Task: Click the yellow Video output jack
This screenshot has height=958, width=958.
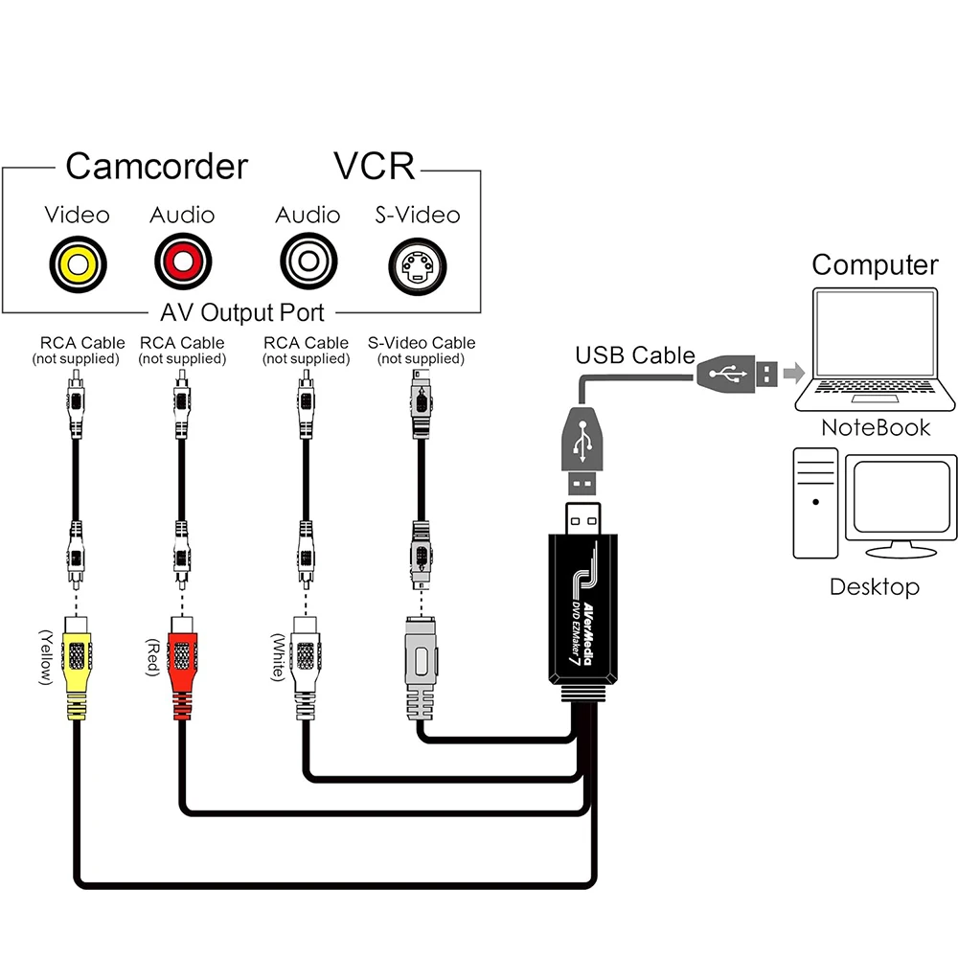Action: coord(78,262)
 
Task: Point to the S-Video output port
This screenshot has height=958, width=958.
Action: coord(417,262)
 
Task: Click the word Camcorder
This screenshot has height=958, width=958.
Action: coord(156,167)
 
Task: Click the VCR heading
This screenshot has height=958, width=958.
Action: coord(375,167)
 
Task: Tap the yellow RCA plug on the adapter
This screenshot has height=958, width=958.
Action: coord(78,661)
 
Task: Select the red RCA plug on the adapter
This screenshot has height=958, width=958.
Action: coord(182,661)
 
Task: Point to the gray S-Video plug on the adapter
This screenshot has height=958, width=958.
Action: coord(420,666)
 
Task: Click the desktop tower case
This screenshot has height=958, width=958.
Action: coord(815,503)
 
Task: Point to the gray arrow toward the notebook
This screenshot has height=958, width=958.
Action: coord(792,373)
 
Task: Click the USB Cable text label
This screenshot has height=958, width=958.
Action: coord(634,355)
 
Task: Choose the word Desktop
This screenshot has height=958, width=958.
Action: coord(874,586)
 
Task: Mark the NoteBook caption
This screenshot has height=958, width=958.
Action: coord(876,427)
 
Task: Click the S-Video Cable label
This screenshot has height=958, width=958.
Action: coord(421,343)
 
